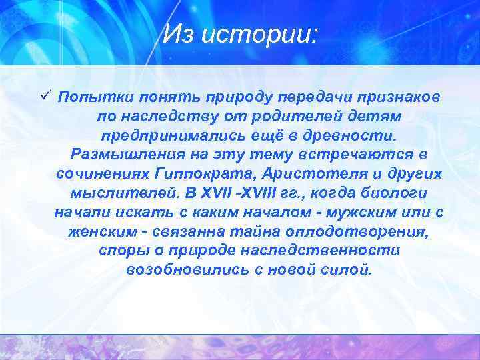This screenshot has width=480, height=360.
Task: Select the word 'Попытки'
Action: tap(89, 97)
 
